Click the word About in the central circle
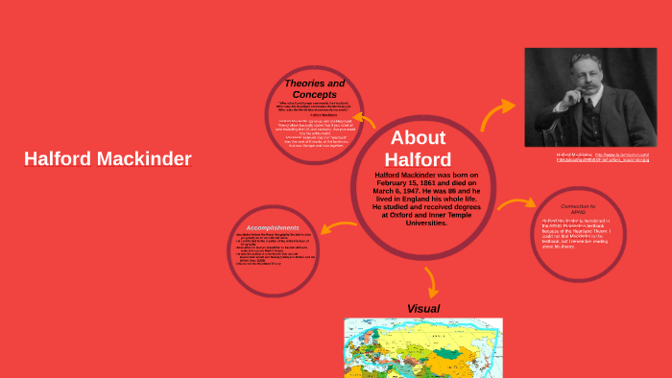pyautogui.click(x=419, y=136)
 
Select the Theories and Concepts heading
pyautogui.click(x=315, y=89)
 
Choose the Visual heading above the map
pyautogui.click(x=423, y=308)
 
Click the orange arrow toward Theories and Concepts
pyautogui.click(x=367, y=120)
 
